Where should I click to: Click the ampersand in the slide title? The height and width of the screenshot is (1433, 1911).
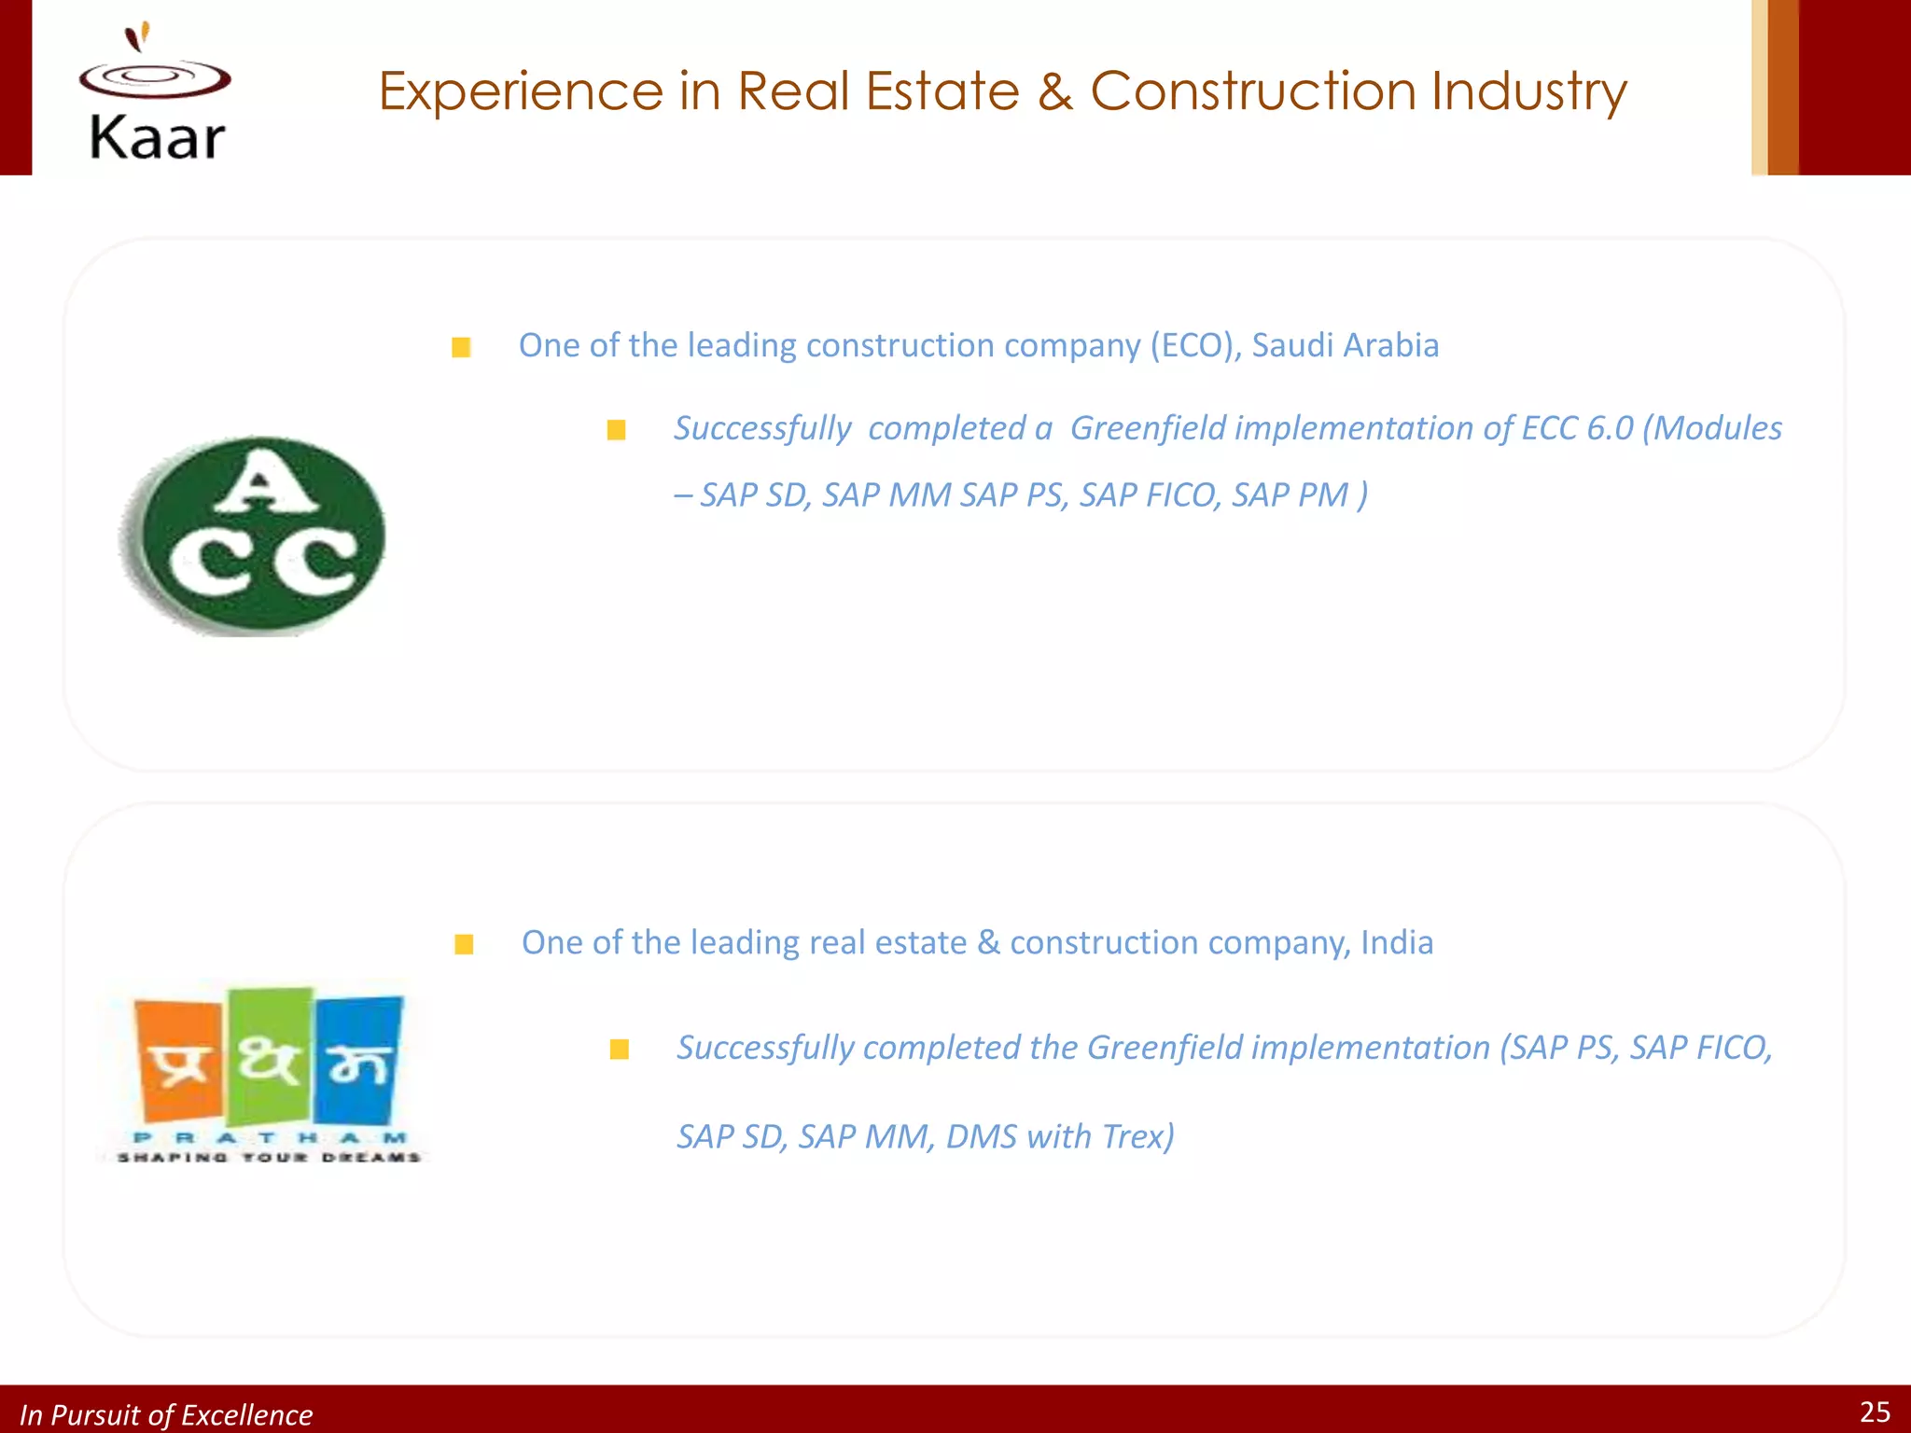tap(1054, 91)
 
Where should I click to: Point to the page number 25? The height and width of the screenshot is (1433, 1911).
tap(1875, 1412)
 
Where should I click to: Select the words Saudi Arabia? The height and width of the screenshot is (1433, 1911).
tap(1345, 345)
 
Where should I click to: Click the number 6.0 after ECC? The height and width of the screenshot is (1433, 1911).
tap(1610, 428)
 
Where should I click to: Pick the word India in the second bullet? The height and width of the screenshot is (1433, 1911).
tap(1397, 942)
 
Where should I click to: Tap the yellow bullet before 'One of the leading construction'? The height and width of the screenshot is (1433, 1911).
tap(461, 348)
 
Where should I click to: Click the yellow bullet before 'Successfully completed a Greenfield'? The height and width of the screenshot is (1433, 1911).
tap(616, 430)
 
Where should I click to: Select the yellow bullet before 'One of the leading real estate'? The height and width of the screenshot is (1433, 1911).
tap(464, 945)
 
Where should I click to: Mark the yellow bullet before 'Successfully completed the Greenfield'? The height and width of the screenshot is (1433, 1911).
tap(619, 1050)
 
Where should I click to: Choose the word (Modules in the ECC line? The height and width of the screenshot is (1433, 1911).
tap(1711, 428)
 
